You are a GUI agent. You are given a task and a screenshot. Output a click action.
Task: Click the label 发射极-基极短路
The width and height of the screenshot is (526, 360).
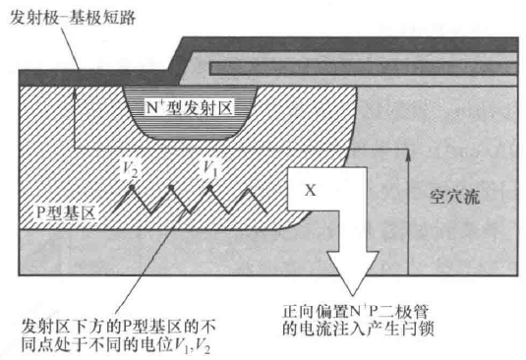point(72,17)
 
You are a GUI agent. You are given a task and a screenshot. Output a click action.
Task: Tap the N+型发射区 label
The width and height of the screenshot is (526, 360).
point(189,108)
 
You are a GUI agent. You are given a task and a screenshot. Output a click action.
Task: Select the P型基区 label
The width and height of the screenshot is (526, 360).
point(66,212)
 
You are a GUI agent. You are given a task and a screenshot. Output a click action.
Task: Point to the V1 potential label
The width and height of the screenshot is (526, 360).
point(210,168)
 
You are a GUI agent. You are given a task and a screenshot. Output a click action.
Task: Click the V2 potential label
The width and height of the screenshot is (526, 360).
point(130,168)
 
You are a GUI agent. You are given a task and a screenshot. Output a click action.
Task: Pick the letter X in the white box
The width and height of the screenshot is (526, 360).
point(311,190)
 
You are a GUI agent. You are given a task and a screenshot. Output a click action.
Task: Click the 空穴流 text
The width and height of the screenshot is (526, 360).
point(454,197)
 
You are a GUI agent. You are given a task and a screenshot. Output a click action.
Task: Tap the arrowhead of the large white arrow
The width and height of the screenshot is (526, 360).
point(353,272)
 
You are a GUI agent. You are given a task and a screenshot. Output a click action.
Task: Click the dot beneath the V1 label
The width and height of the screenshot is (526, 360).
point(209,188)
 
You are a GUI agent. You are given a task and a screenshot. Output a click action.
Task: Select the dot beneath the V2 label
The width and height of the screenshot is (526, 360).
point(132,187)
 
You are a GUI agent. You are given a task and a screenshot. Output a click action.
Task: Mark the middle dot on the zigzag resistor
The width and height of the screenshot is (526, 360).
point(171,187)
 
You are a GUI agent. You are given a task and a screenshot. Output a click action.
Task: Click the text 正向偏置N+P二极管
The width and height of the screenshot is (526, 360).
point(356,312)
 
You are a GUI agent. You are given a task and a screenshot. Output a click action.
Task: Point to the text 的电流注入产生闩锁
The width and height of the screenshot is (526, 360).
point(358,329)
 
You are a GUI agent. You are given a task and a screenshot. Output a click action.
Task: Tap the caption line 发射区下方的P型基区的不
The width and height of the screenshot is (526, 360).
point(118,327)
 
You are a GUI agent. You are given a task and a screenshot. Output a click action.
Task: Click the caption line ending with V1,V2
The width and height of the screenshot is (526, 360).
point(116,345)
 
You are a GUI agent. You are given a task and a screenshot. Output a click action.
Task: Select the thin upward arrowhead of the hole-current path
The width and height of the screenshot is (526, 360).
point(408,155)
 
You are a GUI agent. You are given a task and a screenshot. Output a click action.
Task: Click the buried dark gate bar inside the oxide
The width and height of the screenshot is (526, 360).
point(364,69)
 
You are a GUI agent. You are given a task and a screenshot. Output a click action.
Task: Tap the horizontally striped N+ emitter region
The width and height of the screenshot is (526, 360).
point(190,112)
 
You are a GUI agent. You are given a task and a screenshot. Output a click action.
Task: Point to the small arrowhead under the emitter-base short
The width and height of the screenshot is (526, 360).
point(75,95)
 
